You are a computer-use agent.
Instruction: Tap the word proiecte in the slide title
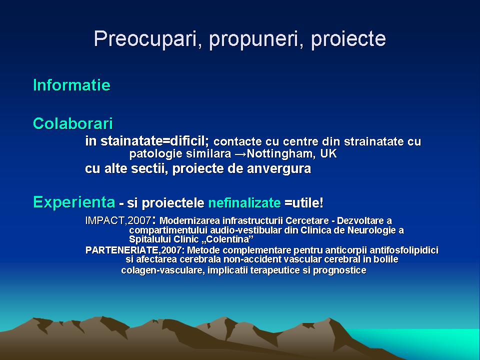click(x=348, y=39)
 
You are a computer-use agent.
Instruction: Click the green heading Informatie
click(x=71, y=85)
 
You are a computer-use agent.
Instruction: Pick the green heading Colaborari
click(x=73, y=123)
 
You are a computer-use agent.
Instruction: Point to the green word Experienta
click(x=74, y=202)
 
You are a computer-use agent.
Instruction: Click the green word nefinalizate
click(x=244, y=202)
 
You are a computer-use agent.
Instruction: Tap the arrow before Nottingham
click(x=240, y=153)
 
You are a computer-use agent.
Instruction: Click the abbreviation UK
click(x=328, y=153)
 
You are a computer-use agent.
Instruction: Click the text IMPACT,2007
click(x=118, y=220)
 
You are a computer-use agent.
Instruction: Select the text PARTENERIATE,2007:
click(x=135, y=250)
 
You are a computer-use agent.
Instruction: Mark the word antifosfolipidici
click(x=404, y=250)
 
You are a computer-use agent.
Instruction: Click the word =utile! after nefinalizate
click(x=303, y=202)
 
